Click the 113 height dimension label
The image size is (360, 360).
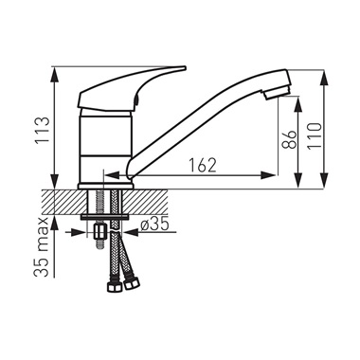tap(43, 130)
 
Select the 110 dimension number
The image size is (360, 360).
tap(314, 136)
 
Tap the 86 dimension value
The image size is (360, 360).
tap(289, 139)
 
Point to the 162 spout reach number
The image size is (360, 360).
tap(203, 165)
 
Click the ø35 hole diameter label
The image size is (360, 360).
tap(155, 224)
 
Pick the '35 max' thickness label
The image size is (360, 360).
tap(42, 247)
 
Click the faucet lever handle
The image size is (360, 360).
tap(131, 89)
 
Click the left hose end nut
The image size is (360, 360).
tap(114, 287)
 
